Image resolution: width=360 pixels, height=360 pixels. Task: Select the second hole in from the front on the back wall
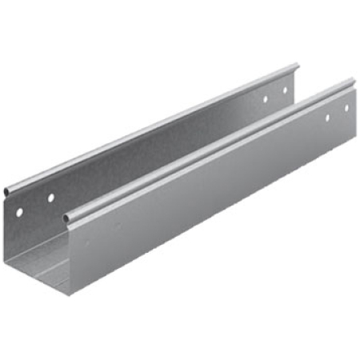(50, 197)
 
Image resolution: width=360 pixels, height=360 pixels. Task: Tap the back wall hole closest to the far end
(285, 90)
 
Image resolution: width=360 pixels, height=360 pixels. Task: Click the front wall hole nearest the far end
(346, 108)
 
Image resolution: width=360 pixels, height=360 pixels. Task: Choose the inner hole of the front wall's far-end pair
(326, 118)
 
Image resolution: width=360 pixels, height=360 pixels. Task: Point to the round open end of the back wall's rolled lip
(6, 193)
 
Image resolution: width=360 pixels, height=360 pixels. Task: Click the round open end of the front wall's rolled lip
(68, 217)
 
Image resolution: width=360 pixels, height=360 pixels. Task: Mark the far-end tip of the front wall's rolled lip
(353, 80)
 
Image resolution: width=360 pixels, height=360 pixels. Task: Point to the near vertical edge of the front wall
(70, 256)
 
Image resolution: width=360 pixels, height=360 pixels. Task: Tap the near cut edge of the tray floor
(40, 275)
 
